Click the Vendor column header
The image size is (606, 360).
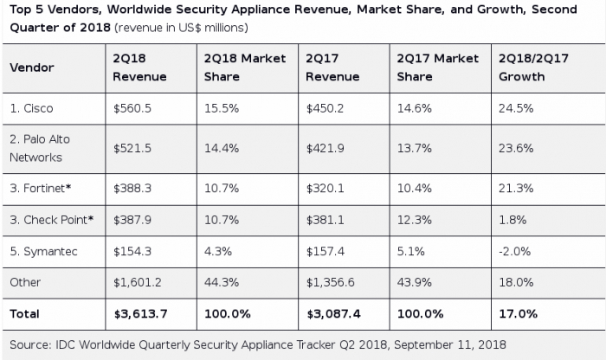[32, 67]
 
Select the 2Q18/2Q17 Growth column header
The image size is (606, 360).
[533, 67]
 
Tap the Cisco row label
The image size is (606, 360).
[31, 108]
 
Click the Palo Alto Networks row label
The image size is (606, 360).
[40, 148]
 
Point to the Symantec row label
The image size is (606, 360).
[43, 252]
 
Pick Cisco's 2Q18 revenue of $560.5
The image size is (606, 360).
[132, 108]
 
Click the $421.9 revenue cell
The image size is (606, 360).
[325, 148]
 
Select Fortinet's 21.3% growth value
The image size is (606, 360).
[516, 188]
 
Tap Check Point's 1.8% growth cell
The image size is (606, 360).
[513, 220]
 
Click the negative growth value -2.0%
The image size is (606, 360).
[515, 252]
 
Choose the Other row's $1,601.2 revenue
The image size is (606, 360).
[137, 282]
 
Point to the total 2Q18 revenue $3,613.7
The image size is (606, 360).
[140, 313]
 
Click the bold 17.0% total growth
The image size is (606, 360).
[518, 313]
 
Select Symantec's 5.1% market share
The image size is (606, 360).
[411, 252]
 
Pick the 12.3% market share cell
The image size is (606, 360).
[415, 220]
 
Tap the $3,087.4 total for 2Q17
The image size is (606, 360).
[333, 313]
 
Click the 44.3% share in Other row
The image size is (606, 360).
[222, 282]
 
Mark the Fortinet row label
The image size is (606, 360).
[41, 188]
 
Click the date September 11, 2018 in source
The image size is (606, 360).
[450, 344]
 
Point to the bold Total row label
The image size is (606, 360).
[24, 313]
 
